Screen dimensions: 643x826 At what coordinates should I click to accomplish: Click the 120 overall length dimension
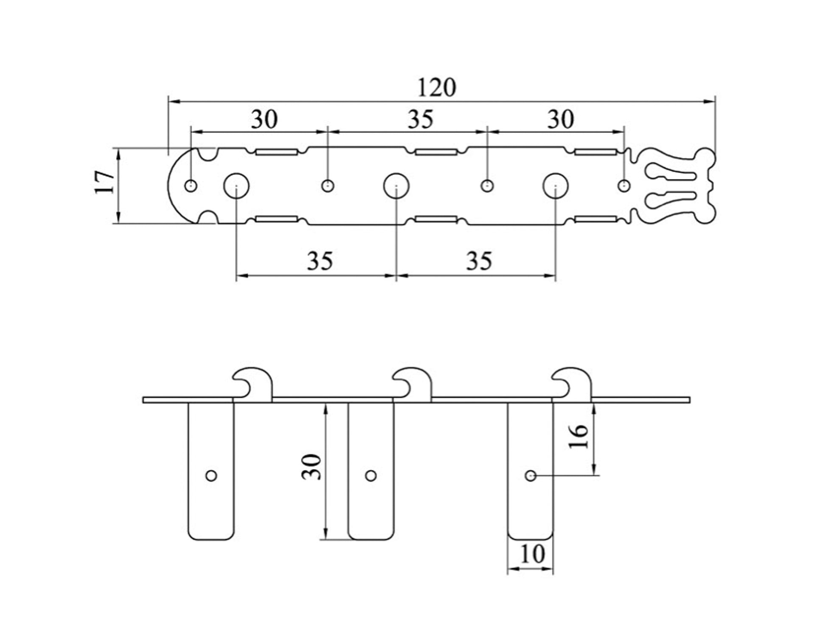click(437, 88)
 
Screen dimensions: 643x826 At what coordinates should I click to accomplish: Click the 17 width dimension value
click(104, 183)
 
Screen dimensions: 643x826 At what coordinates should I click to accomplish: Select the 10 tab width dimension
click(531, 554)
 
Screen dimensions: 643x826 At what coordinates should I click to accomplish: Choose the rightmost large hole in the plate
click(556, 185)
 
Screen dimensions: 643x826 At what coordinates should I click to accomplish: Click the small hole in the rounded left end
click(191, 185)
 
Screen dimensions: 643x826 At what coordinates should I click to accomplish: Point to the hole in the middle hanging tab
click(371, 476)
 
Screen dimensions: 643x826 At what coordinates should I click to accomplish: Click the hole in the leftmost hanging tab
click(211, 476)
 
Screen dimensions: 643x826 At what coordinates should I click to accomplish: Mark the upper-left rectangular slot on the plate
click(276, 152)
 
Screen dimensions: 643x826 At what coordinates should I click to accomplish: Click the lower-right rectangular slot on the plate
click(595, 219)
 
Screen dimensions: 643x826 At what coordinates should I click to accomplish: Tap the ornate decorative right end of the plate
click(675, 185)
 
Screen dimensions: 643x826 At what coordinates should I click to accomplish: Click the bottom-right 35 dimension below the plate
click(479, 261)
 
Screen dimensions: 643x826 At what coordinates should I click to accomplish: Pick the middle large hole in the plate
click(396, 185)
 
